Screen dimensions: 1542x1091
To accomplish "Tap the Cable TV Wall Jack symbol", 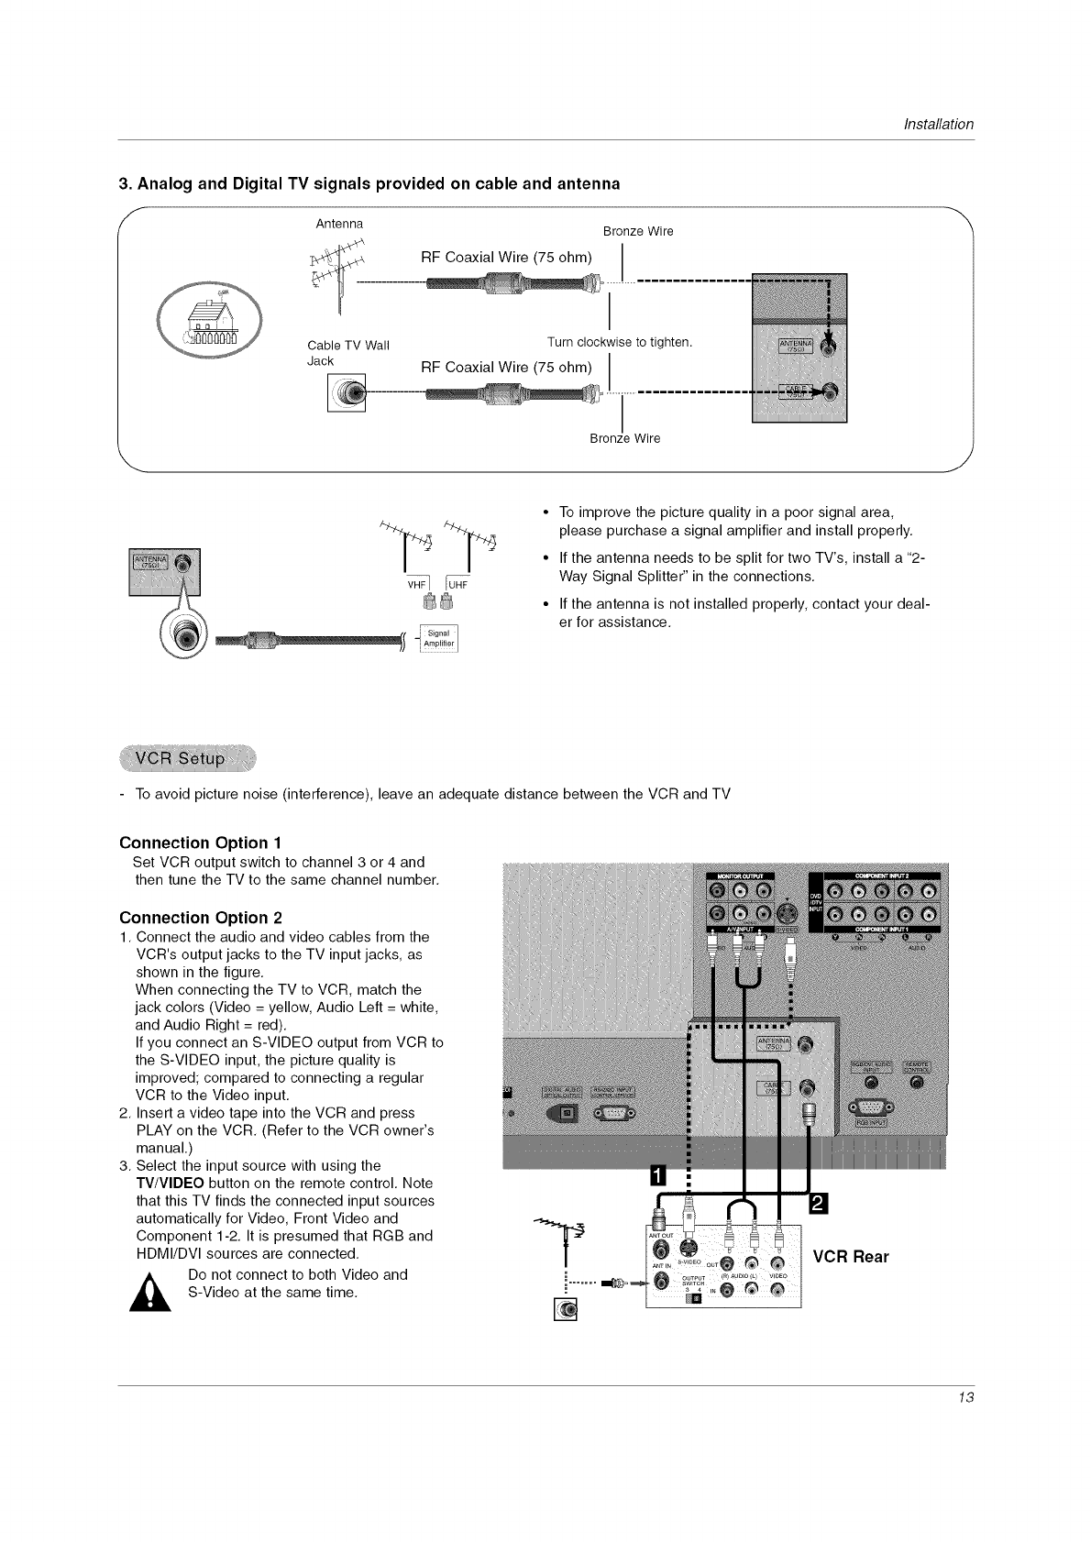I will pyautogui.click(x=347, y=394).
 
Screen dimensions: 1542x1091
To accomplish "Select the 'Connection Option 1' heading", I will pyautogui.click(x=201, y=843).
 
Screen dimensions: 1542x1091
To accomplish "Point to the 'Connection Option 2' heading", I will pyautogui.click(x=201, y=918).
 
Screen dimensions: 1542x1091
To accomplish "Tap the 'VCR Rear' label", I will pyautogui.click(x=851, y=1256).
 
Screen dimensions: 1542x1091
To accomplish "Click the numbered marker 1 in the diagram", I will pyautogui.click(x=658, y=1177).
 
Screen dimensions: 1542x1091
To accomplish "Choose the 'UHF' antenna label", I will pyautogui.click(x=458, y=584).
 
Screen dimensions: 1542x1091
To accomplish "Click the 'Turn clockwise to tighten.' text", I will pyautogui.click(x=619, y=342).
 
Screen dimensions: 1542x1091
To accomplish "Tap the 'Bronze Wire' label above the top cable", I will pyautogui.click(x=638, y=231).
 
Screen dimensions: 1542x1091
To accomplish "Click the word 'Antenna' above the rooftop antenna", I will pyautogui.click(x=339, y=224).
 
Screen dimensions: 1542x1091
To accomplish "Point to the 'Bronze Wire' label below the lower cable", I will pyautogui.click(x=624, y=438).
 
